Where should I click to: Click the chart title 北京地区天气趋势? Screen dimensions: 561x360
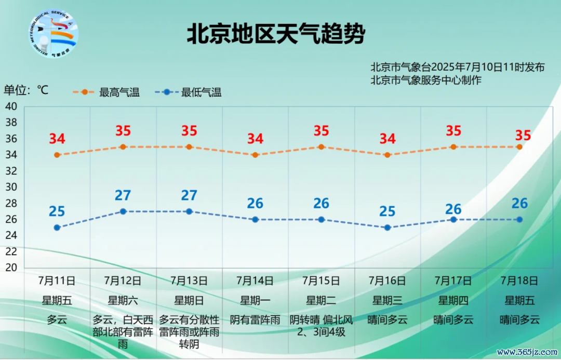pos(276,34)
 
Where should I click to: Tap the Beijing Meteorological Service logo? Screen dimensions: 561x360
pos(54,34)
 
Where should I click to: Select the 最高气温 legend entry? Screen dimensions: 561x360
pos(106,92)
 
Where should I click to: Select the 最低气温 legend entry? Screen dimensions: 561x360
pos(188,92)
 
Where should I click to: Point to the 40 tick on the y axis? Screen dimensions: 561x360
pos(11,106)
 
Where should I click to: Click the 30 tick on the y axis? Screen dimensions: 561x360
pos(11,187)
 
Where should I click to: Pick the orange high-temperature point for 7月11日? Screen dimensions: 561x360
pos(57,155)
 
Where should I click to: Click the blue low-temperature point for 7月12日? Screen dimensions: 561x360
pos(123,211)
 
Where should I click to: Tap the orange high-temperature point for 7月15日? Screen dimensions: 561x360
pos(322,147)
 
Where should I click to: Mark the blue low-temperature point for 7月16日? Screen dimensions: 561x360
pos(388,228)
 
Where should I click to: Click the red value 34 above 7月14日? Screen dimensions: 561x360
pos(255,139)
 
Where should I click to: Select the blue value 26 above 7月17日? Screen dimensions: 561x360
pos(453,209)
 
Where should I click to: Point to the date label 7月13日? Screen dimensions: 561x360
pos(189,281)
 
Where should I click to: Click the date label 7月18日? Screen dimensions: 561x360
pos(519,281)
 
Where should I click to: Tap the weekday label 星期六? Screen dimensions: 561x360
pos(123,300)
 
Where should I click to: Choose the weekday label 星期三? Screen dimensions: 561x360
pos(388,300)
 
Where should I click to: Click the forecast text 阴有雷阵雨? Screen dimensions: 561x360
pos(255,319)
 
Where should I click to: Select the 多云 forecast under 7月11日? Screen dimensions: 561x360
pos(57,319)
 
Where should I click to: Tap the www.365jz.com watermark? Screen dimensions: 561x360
pos(527,353)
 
